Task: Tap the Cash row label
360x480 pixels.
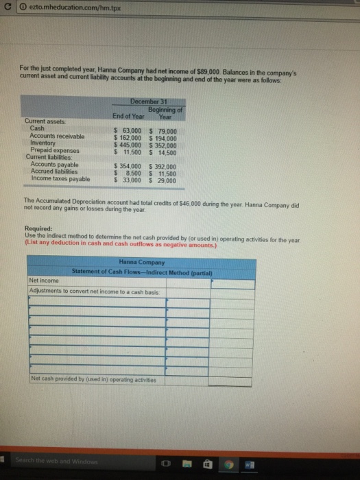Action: tap(38, 129)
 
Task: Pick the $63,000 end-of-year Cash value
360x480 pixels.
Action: tap(128, 131)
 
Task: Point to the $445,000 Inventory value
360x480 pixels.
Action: tap(128, 144)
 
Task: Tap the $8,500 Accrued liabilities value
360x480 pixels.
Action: tap(128, 173)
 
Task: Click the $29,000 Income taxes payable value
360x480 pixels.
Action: tap(163, 180)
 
